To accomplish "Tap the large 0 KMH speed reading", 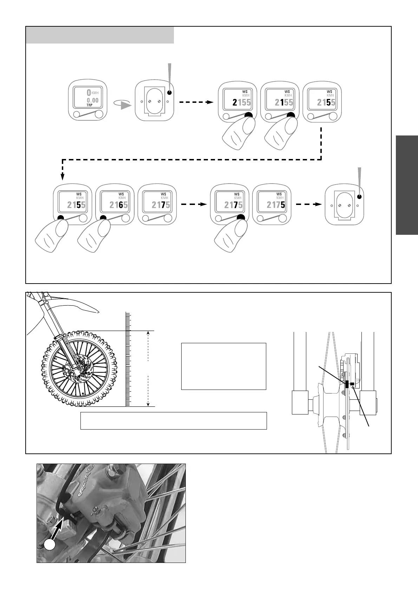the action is click(x=89, y=93).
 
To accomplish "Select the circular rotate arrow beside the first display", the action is click(x=122, y=103).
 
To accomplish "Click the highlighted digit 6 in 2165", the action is click(x=121, y=205).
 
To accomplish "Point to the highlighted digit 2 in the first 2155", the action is click(x=235, y=102).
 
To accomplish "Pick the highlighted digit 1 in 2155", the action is click(x=282, y=102).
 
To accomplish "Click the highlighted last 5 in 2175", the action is click(x=283, y=205).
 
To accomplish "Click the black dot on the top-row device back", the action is click(x=169, y=93).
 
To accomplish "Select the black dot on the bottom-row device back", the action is click(x=359, y=197).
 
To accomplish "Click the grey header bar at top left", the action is click(x=100, y=35).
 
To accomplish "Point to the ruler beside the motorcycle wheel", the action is click(x=128, y=360).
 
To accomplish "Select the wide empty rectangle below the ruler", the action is click(x=174, y=421).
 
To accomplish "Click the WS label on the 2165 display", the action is click(x=121, y=194).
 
